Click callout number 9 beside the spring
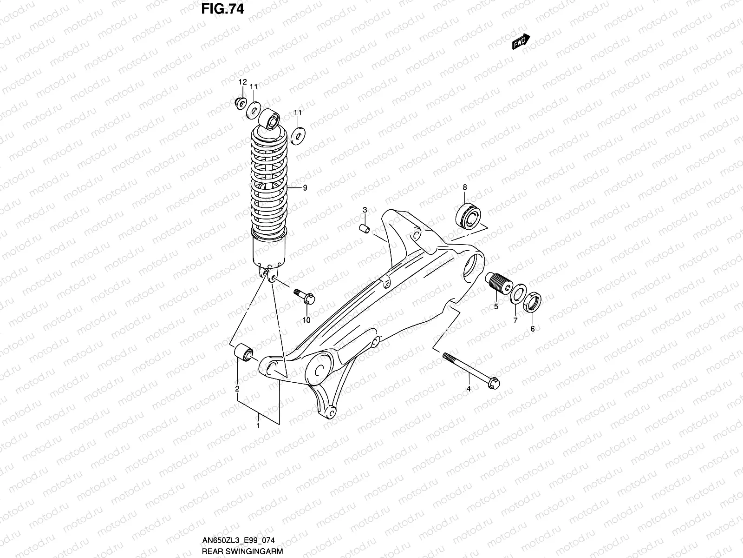pos(305,188)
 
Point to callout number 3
pos(365,210)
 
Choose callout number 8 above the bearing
pos(464,187)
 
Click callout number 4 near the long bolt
pos(469,388)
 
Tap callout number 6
pos(532,329)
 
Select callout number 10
pos(306,320)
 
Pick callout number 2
pos(237,389)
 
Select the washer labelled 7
pos(517,294)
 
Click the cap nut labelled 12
pos(241,102)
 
